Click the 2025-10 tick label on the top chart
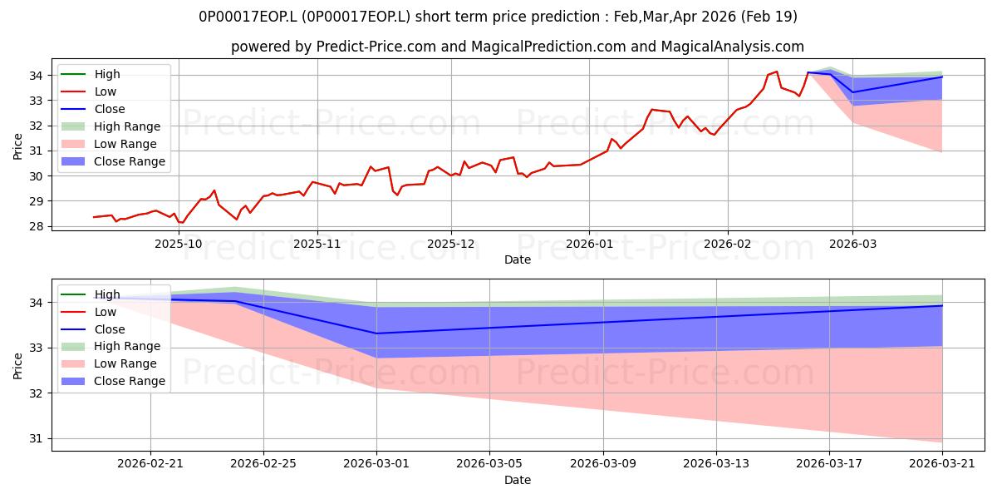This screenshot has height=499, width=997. pyautogui.click(x=179, y=245)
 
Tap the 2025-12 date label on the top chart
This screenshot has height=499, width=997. pyautogui.click(x=451, y=245)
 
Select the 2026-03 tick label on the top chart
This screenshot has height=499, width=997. pyautogui.click(x=852, y=245)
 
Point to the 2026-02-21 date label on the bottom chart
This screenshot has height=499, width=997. pyautogui.click(x=150, y=464)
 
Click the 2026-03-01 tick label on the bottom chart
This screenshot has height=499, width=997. pyautogui.click(x=376, y=464)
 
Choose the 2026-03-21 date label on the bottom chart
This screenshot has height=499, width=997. pyautogui.click(x=942, y=464)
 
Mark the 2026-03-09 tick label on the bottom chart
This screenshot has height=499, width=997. pyautogui.click(x=603, y=464)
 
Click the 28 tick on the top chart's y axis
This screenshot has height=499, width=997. pyautogui.click(x=36, y=227)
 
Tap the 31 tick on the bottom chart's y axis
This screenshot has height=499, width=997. pyautogui.click(x=36, y=439)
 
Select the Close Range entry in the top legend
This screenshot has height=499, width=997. pyautogui.click(x=129, y=161)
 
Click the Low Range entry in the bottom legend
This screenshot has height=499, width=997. pyautogui.click(x=125, y=364)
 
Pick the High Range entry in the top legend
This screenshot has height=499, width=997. pyautogui.click(x=127, y=127)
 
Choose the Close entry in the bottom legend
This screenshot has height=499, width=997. pyautogui.click(x=110, y=329)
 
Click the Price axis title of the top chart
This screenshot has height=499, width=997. pyautogui.click(x=17, y=146)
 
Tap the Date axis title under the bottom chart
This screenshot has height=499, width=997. pyautogui.click(x=517, y=481)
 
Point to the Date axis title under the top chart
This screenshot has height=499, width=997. pyautogui.click(x=517, y=260)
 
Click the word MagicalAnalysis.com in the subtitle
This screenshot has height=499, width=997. pyautogui.click(x=732, y=47)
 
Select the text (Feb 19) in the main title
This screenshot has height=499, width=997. pyautogui.click(x=769, y=17)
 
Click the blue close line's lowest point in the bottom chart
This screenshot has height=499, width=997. pyautogui.click(x=376, y=333)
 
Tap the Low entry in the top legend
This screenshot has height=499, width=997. pyautogui.click(x=105, y=91)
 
